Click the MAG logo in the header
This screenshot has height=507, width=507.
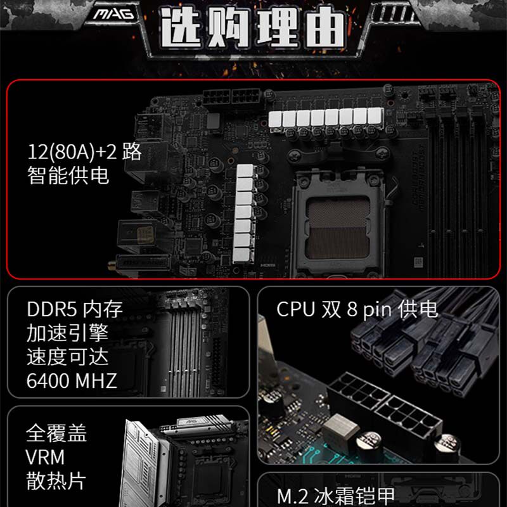(x=113, y=14)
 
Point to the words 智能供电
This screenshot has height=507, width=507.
(x=68, y=176)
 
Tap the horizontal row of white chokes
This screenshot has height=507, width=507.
(x=326, y=117)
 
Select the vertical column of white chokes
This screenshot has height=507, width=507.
(x=245, y=214)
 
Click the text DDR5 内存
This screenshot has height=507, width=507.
(x=75, y=309)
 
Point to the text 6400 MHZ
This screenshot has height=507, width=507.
(x=72, y=381)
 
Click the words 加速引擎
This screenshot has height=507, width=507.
(x=68, y=333)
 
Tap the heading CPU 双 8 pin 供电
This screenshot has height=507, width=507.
(x=357, y=309)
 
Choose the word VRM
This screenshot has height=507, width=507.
(x=45, y=457)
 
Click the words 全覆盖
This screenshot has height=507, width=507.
(x=56, y=433)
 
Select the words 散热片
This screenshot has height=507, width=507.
(x=56, y=481)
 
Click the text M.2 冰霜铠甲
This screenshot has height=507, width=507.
(x=336, y=496)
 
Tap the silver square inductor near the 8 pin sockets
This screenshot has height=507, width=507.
(x=340, y=430)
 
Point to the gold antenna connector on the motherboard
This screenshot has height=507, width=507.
(x=112, y=266)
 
